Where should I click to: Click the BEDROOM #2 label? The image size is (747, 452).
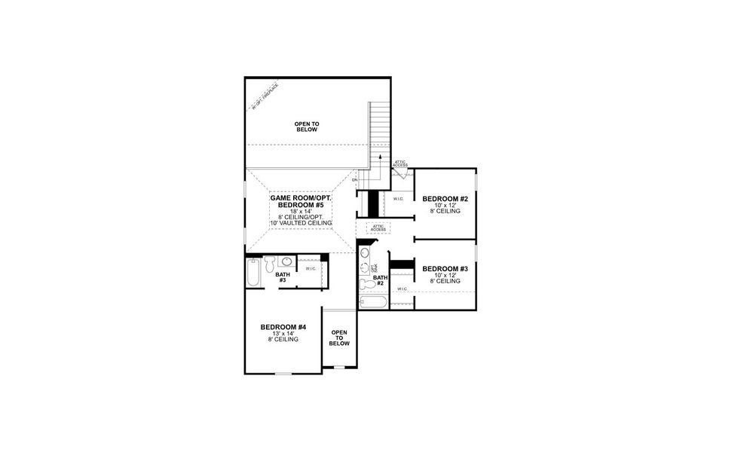pyautogui.click(x=445, y=199)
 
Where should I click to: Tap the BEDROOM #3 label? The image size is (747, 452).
pyautogui.click(x=445, y=269)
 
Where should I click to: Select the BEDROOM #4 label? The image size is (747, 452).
pyautogui.click(x=283, y=327)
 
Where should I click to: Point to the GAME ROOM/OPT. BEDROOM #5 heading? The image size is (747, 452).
pyautogui.click(x=301, y=201)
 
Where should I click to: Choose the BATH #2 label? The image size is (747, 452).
pyautogui.click(x=380, y=279)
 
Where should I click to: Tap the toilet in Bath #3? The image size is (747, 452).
pyautogui.click(x=268, y=263)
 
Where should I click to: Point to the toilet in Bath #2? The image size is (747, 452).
pyautogui.click(x=367, y=283)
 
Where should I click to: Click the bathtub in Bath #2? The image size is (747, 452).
pyautogui.click(x=373, y=303)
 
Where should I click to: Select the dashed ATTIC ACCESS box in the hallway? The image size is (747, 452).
pyautogui.click(x=378, y=228)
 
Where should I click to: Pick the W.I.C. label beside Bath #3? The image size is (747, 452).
pyautogui.click(x=311, y=269)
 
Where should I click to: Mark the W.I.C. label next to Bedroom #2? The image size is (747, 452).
pyautogui.click(x=399, y=199)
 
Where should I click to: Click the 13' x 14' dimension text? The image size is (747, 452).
pyautogui.click(x=283, y=333)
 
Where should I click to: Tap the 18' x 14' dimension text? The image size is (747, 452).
pyautogui.click(x=301, y=212)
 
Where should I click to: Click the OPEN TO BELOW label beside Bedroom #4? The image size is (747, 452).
pyautogui.click(x=339, y=337)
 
